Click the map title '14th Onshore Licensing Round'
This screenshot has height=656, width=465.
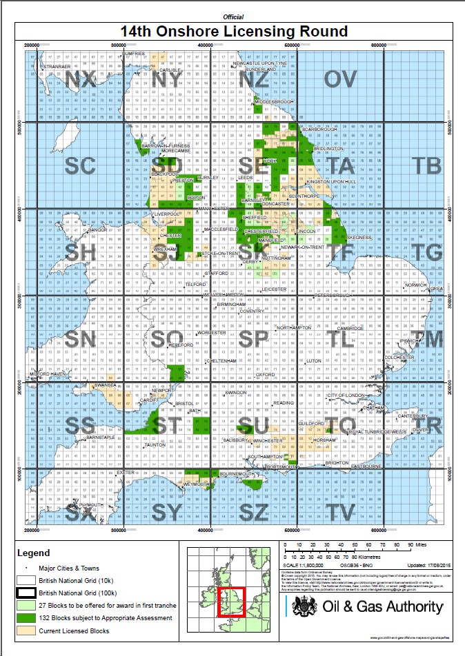(234, 32)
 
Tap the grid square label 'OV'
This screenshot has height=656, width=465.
(340, 79)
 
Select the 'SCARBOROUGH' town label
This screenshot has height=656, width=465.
(319, 130)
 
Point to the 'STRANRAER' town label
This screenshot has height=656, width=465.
(57, 66)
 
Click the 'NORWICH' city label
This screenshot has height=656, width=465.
(417, 285)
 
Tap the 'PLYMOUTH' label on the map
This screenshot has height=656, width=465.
(92, 505)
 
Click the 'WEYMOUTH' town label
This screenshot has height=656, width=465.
(196, 484)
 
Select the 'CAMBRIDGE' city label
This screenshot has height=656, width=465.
(350, 328)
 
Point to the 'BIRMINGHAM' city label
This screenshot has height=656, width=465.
(231, 304)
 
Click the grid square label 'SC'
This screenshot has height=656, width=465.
(79, 165)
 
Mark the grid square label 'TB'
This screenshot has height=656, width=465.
(426, 165)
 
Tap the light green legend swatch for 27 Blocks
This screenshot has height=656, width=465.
(26, 605)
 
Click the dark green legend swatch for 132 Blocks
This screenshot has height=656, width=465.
(26, 618)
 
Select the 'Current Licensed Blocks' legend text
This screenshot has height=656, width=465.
(75, 631)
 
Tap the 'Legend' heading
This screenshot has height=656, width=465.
(34, 553)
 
